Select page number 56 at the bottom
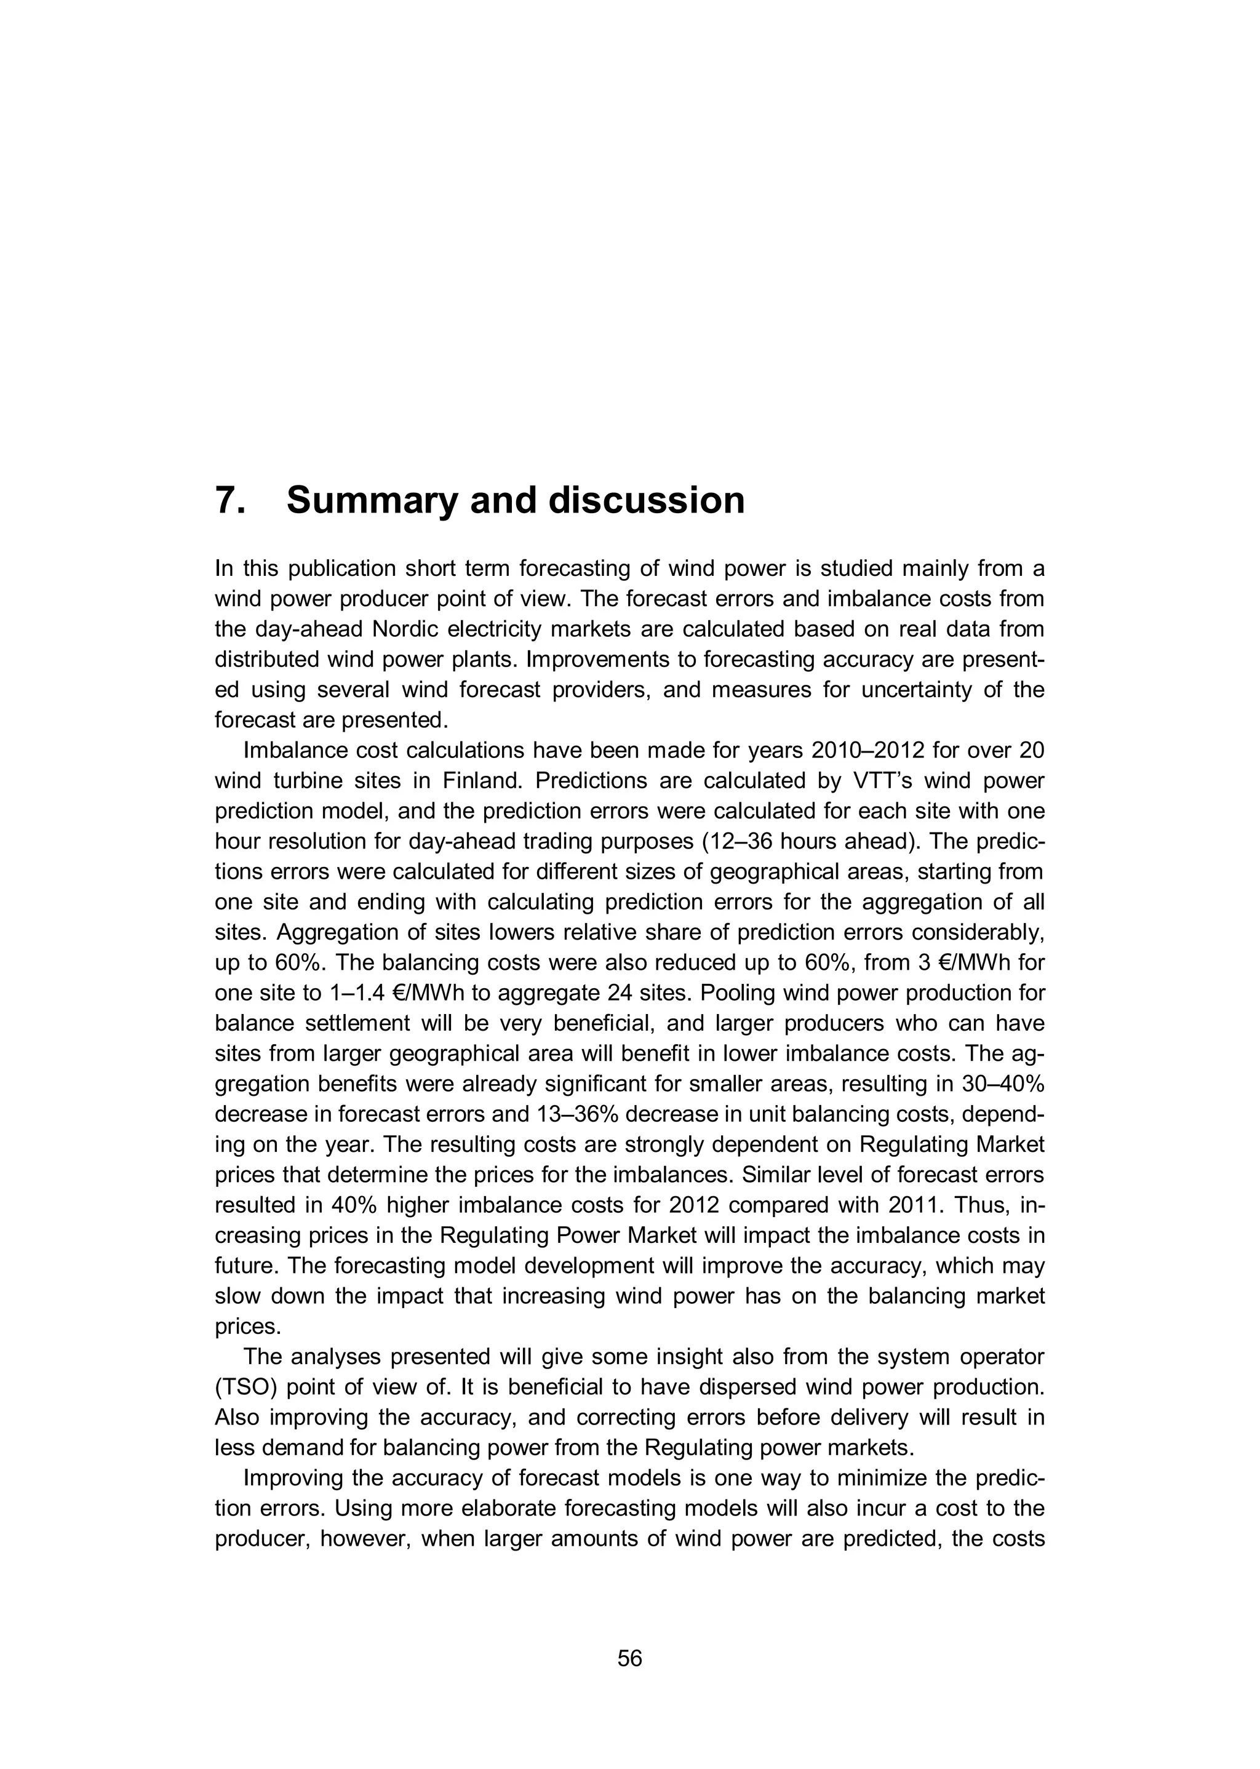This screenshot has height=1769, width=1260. coord(630,1659)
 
